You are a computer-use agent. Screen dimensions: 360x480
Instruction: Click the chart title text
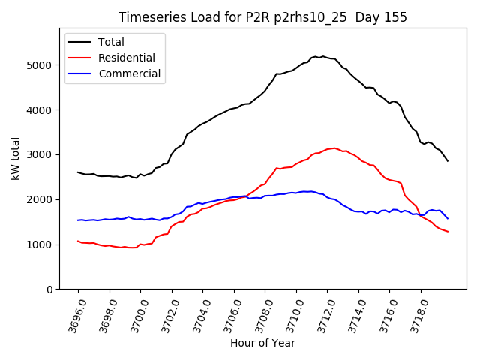coord(262,17)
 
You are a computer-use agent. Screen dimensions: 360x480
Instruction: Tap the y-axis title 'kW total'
coord(16,158)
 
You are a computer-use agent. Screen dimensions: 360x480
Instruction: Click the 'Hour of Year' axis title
coord(262,343)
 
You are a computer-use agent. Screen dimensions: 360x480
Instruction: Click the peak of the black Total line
coord(316,56)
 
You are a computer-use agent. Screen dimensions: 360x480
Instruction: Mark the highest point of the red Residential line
coord(334,148)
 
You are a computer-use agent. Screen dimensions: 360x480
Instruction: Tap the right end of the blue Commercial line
coord(448,219)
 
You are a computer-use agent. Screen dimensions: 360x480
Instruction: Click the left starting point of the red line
coord(78,241)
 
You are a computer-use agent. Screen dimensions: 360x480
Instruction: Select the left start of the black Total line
coord(78,172)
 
